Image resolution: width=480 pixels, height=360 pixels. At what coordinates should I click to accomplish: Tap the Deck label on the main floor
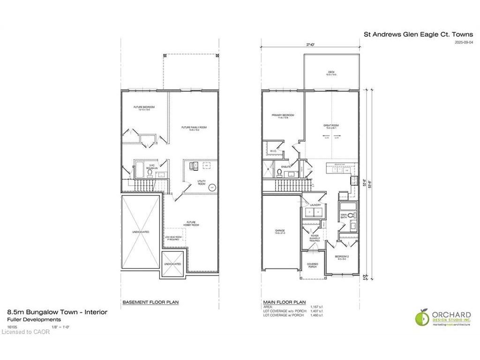point(330,73)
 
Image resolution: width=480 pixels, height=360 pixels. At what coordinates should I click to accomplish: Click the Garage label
point(280,232)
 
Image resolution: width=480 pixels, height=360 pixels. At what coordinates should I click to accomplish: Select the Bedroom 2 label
point(341,257)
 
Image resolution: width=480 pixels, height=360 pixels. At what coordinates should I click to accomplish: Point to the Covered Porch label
point(312,265)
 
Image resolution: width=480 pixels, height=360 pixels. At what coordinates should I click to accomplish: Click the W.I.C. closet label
point(274,151)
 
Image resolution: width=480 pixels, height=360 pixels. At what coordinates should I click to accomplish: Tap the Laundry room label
point(315,205)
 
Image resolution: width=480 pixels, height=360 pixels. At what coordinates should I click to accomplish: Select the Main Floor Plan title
point(286,302)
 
